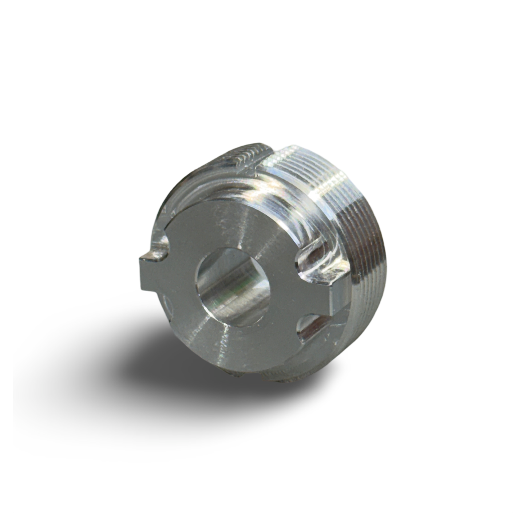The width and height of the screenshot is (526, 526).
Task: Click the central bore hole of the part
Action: pos(233,288)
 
